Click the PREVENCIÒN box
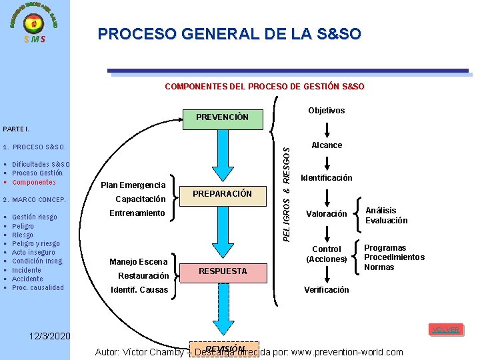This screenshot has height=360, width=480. pyautogui.click(x=222, y=118)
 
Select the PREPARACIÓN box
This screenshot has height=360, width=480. pyautogui.click(x=222, y=194)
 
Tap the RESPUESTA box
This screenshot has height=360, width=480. pyautogui.click(x=222, y=271)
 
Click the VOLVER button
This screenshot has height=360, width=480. pyautogui.click(x=445, y=330)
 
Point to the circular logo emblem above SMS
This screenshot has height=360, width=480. pyautogui.click(x=34, y=23)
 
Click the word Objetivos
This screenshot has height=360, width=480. pyautogui.click(x=327, y=111)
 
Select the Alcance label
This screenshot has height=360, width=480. pyautogui.click(x=327, y=145)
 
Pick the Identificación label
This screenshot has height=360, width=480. pyautogui.click(x=327, y=178)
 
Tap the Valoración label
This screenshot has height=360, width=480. pyautogui.click(x=327, y=214)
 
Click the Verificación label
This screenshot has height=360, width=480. pyautogui.click(x=327, y=289)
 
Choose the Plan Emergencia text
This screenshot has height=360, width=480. pyautogui.click(x=133, y=185)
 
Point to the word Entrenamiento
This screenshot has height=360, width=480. pyautogui.click(x=137, y=213)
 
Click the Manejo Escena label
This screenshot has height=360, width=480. pyautogui.click(x=139, y=262)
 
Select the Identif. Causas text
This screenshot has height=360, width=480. pyautogui.click(x=139, y=290)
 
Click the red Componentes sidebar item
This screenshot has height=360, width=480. pyautogui.click(x=34, y=182)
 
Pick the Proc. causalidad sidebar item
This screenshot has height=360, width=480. pyautogui.click(x=38, y=288)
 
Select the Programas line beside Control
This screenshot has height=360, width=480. pyautogui.click(x=385, y=248)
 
